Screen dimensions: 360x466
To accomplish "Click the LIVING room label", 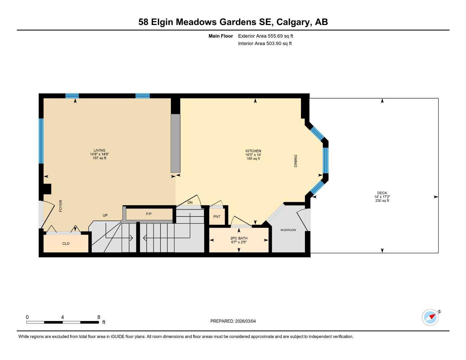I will pyautogui.click(x=100, y=150).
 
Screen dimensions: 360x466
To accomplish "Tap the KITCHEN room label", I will pyautogui.click(x=253, y=151).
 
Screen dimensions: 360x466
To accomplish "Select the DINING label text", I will pyautogui.click(x=295, y=161).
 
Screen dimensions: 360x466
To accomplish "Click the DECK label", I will pyautogui.click(x=382, y=193).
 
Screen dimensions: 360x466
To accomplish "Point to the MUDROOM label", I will pyautogui.click(x=288, y=230).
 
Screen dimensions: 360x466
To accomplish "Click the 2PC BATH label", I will pyautogui.click(x=239, y=238).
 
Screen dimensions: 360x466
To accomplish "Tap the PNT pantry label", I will pyautogui.click(x=217, y=217).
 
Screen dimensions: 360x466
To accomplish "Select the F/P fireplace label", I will pyautogui.click(x=149, y=214).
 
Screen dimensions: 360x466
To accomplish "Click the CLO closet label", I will pyautogui.click(x=66, y=244).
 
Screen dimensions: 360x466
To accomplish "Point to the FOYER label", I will pyautogui.click(x=60, y=206).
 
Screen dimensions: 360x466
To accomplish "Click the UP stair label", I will pyautogui.click(x=105, y=216).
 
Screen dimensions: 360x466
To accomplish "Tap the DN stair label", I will pyautogui.click(x=190, y=202).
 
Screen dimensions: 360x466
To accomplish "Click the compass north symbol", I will pyautogui.click(x=430, y=317).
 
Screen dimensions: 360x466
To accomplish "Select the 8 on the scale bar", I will pyautogui.click(x=99, y=317).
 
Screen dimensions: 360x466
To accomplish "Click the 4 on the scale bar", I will pyautogui.click(x=63, y=317).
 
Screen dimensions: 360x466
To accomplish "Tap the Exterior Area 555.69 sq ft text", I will pyautogui.click(x=266, y=36).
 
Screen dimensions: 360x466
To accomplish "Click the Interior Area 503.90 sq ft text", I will pyautogui.click(x=265, y=44).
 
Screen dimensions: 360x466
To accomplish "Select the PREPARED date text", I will pyautogui.click(x=233, y=321).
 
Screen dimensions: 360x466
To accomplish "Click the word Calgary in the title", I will pyautogui.click(x=293, y=22).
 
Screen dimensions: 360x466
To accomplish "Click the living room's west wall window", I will pyautogui.click(x=41, y=141).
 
